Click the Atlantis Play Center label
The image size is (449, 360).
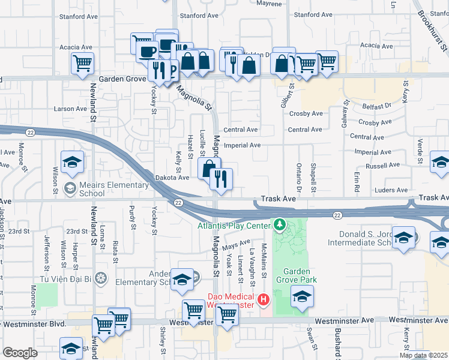pyautogui.click(x=235, y=226)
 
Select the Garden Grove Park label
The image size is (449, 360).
pyautogui.click(x=296, y=275)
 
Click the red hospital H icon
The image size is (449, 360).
pyautogui.click(x=262, y=299)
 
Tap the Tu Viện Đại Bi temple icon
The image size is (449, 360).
pyautogui.click(x=101, y=278)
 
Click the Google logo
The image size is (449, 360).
pyautogui.click(x=19, y=353)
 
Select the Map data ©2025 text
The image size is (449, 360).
pyautogui.click(x=423, y=355)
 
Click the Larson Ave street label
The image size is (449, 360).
pyautogui.click(x=71, y=109)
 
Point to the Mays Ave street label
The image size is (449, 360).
pyautogui.click(x=236, y=245)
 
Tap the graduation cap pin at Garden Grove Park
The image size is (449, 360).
pyautogui.click(x=302, y=295)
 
